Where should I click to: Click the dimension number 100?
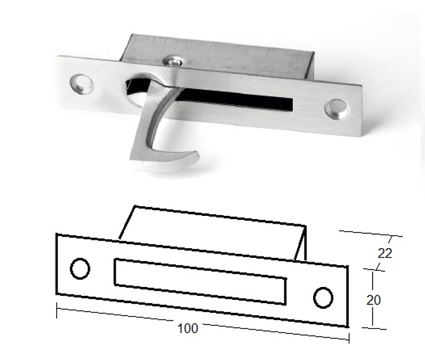click(x=187, y=328)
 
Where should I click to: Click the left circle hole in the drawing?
click(x=79, y=268)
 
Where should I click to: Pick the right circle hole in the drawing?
click(x=323, y=297)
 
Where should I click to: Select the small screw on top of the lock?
click(x=172, y=61)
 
